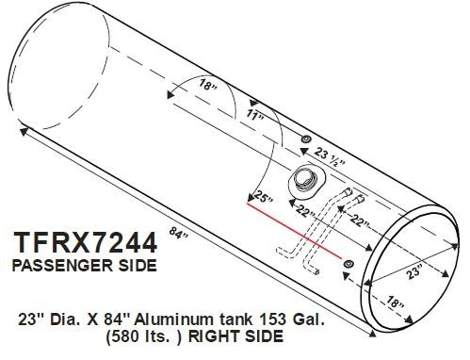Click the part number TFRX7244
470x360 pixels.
(84, 242)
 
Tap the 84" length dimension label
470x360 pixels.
(178, 233)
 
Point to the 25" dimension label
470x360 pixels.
(264, 198)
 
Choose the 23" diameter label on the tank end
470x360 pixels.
(414, 272)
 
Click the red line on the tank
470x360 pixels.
(295, 231)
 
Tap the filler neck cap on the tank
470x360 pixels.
(304, 183)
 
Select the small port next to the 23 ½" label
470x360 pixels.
(305, 139)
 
